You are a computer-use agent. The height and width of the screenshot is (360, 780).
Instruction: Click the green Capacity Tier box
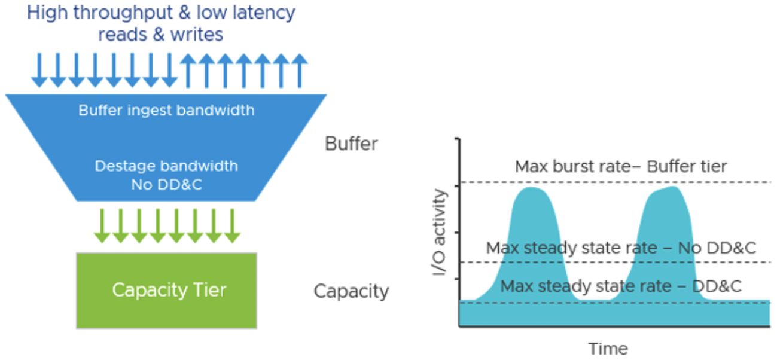(x=167, y=291)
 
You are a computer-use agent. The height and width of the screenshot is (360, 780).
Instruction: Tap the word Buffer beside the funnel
(x=351, y=144)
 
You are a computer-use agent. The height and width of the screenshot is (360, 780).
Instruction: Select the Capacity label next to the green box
(x=351, y=291)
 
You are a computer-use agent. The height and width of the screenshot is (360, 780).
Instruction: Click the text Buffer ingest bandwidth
(x=166, y=111)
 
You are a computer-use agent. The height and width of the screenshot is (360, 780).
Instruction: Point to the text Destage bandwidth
(x=166, y=166)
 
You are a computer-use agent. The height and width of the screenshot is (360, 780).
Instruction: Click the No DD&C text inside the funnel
(x=166, y=185)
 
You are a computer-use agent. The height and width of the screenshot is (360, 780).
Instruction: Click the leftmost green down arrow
(x=102, y=227)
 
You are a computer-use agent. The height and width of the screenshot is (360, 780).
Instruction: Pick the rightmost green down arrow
(x=232, y=227)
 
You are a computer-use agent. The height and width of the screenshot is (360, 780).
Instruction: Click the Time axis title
(x=608, y=349)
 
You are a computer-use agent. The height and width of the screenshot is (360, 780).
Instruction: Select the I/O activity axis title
(x=440, y=233)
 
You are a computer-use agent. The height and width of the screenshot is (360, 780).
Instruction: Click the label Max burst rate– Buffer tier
(x=621, y=166)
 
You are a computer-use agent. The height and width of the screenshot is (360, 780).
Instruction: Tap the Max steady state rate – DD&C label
(x=621, y=286)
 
